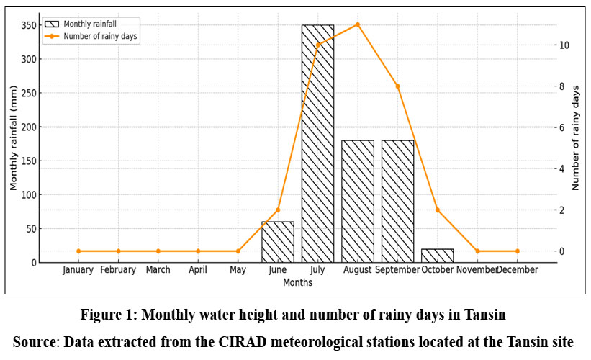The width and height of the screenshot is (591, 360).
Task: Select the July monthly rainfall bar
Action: coord(317,144)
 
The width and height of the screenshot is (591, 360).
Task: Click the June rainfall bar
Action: coord(278,242)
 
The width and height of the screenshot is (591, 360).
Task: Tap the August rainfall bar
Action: coord(358,202)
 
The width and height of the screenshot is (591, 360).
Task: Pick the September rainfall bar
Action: coord(397,202)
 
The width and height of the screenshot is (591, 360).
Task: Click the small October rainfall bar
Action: coord(438,256)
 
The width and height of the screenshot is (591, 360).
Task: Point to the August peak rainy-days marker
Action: coord(358,24)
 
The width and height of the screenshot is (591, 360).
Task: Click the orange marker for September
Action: coord(397,86)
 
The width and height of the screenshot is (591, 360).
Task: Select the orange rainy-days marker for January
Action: coord(78,251)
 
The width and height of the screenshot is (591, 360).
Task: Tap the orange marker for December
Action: coord(517,251)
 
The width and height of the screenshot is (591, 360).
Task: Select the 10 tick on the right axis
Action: coord(564,45)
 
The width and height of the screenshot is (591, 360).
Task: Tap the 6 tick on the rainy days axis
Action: coord(562,128)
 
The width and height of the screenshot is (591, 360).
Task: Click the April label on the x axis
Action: coord(198,270)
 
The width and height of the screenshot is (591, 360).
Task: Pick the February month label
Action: coord(118,270)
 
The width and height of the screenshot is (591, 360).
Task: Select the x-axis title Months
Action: coord(297,283)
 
